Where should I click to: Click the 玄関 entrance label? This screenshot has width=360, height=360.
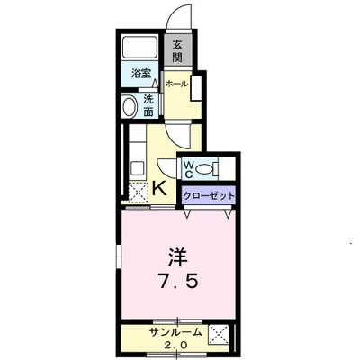pyautogui.click(x=177, y=52)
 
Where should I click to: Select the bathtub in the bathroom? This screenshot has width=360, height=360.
pyautogui.click(x=139, y=48)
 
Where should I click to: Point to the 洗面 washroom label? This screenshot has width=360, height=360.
pyautogui.click(x=149, y=106)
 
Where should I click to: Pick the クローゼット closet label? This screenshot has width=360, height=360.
pyautogui.click(x=210, y=194)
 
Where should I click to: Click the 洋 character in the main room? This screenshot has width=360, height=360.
pyautogui.click(x=177, y=255)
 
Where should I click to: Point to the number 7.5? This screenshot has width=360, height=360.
pyautogui.click(x=177, y=280)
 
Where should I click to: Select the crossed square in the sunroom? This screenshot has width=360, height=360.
pyautogui.click(x=217, y=337)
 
